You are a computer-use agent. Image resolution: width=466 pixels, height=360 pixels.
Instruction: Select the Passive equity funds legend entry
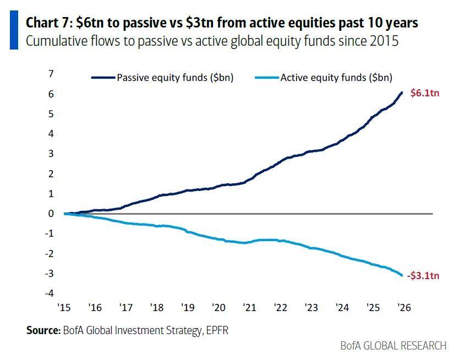[x=174, y=78]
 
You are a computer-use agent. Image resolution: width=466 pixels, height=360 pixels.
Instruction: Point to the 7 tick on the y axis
[x=51, y=74]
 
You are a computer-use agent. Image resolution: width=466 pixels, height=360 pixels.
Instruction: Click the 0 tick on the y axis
[x=51, y=214]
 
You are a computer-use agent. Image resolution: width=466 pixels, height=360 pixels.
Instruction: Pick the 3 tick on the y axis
[x=51, y=154]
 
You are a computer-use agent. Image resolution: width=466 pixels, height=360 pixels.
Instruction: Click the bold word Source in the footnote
[x=43, y=330]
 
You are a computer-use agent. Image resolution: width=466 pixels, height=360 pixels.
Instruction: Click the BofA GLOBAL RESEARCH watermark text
[x=393, y=346]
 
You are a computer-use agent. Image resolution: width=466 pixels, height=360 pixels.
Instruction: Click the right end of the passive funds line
[x=402, y=92]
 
